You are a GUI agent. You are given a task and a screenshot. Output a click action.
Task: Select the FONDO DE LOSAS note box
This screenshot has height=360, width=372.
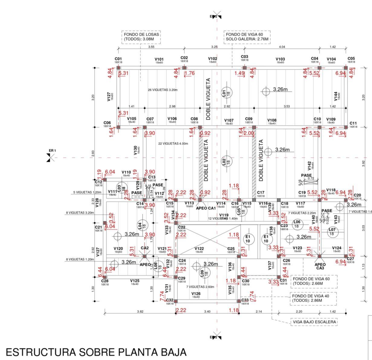point(141,37)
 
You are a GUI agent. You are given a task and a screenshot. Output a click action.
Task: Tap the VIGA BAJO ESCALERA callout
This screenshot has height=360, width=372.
point(314,322)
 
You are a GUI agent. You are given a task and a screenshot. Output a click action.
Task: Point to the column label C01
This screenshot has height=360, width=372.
point(118,59)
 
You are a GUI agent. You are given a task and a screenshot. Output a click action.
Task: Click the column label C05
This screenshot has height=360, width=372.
point(351,59)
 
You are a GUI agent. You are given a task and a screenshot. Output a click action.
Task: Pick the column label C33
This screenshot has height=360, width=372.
point(245,300)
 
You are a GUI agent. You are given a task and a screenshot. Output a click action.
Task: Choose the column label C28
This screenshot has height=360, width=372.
point(105,281)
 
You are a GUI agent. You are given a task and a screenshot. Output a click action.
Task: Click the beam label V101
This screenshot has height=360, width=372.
point(159,59)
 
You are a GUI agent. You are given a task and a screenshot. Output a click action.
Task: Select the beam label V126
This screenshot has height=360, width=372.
point(196,294)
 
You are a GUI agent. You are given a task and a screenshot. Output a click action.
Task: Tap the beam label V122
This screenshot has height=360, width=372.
point(199,249)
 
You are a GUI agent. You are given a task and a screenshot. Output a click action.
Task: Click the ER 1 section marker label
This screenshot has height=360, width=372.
point(52,150)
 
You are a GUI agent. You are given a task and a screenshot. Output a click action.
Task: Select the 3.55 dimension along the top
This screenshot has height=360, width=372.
point(151,47)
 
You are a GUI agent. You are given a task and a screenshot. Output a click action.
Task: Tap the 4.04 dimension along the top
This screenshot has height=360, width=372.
point(282,47)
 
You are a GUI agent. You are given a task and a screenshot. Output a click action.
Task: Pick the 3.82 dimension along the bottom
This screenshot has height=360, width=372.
point(140,311)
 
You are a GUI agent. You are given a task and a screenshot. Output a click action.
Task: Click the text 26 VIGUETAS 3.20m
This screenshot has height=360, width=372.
point(163,90)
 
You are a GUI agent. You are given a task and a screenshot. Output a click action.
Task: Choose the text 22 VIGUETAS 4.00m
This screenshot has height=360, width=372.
point(173,143)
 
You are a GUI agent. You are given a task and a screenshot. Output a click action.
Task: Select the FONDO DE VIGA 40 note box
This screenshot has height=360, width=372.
point(313,298)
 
